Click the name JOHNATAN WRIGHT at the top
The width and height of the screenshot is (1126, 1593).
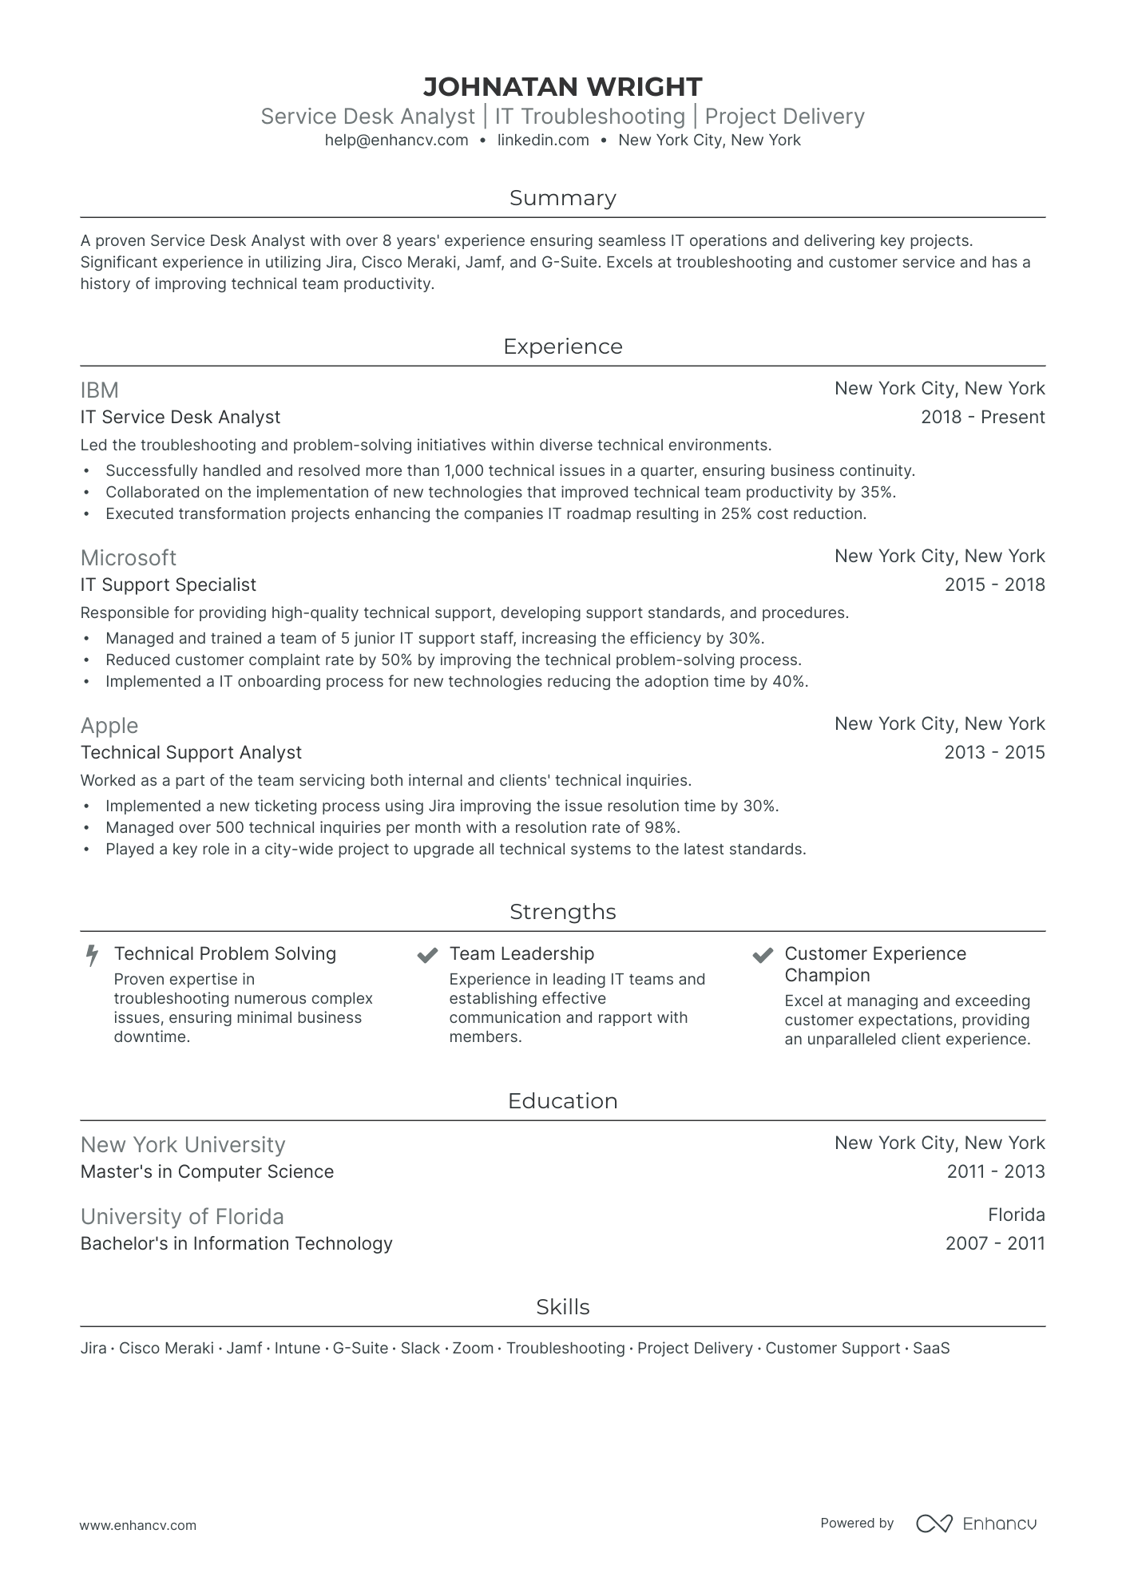point(562,86)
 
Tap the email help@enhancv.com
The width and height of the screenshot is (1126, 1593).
point(396,141)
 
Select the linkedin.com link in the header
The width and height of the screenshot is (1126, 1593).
point(543,141)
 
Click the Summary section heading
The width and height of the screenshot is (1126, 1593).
point(562,198)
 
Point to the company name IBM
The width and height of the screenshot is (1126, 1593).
point(100,390)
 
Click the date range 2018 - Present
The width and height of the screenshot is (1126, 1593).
point(982,417)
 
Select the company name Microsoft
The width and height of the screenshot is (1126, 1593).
point(129,558)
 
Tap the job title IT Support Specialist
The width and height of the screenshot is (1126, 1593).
point(169,585)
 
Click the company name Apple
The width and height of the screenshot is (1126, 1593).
point(109,726)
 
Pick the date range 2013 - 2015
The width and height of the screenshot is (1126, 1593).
point(994,752)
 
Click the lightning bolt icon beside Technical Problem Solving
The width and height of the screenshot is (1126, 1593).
point(93,955)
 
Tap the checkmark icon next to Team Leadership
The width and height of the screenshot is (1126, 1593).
point(428,955)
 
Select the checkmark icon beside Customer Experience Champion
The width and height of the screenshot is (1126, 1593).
point(763,955)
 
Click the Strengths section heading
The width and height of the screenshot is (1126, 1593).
point(562,912)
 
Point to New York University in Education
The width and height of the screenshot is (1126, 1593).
point(183,1145)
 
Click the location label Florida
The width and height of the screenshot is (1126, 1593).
point(1016,1215)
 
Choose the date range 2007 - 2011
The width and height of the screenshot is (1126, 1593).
point(995,1243)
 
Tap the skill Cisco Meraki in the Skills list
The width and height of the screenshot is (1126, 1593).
point(166,1349)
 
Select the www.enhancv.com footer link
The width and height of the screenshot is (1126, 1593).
point(138,1525)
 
